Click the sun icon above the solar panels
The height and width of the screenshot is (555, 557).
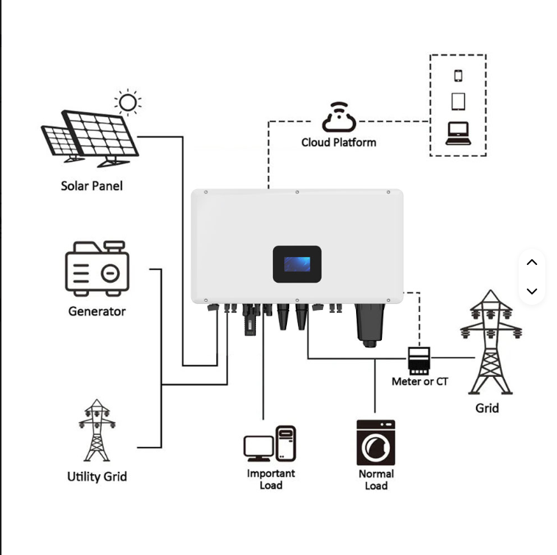click(128, 102)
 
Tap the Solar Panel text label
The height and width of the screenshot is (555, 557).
click(91, 185)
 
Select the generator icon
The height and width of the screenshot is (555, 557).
click(97, 268)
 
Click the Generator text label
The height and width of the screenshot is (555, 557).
click(97, 311)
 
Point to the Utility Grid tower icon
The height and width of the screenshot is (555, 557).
click(96, 430)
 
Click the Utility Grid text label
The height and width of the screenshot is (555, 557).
click(97, 476)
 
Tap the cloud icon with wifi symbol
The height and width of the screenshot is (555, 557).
click(338, 118)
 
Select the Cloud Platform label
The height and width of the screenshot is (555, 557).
click(338, 142)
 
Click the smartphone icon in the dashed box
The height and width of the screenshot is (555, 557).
click(458, 75)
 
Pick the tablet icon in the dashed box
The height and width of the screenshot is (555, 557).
click(458, 101)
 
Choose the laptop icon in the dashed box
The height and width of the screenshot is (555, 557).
click(458, 133)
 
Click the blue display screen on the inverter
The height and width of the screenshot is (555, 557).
click(297, 264)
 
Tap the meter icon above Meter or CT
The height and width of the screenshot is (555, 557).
click(418, 359)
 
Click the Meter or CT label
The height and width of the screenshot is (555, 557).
click(419, 381)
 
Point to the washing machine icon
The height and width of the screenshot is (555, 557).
click(375, 442)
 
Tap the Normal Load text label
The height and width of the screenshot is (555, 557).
click(376, 479)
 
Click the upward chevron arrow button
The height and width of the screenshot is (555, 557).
click(532, 263)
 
